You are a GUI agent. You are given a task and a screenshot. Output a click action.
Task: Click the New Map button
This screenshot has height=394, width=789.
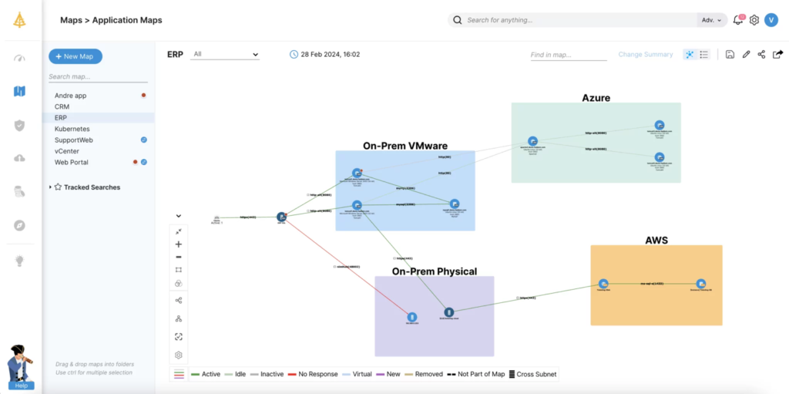point(76,56)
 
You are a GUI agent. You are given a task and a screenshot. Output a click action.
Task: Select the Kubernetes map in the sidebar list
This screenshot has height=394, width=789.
point(72,129)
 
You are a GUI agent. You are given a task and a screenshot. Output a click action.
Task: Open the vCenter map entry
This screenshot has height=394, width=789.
point(67,151)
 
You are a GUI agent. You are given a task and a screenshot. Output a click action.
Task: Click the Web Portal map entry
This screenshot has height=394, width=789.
point(72,162)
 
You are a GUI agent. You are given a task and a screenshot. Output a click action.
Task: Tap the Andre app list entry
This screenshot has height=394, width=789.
point(71,95)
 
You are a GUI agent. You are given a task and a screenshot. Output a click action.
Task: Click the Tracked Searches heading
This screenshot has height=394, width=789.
point(92,187)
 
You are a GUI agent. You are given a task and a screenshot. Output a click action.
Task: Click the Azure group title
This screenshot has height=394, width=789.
point(596,98)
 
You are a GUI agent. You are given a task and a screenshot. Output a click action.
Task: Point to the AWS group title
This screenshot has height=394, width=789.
point(656,241)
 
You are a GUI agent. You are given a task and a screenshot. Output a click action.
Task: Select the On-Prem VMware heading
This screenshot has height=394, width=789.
point(405,146)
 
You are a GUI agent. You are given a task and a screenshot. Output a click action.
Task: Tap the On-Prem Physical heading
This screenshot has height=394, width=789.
point(434,271)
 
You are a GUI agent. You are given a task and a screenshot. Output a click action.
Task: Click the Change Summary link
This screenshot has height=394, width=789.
point(646,55)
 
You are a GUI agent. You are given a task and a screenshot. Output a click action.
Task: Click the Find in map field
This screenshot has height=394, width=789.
point(568,55)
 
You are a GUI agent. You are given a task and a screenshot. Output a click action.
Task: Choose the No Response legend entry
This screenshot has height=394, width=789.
point(317,374)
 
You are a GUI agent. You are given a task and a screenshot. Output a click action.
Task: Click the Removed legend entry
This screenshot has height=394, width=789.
point(428,374)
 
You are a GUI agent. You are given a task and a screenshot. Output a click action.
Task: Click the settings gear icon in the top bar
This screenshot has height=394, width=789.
point(754,20)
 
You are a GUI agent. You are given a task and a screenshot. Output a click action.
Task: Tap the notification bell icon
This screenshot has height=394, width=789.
point(738,20)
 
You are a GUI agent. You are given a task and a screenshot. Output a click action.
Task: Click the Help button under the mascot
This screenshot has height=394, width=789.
point(22,385)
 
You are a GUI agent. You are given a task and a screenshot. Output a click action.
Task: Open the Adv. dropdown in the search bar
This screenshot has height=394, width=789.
point(711,20)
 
